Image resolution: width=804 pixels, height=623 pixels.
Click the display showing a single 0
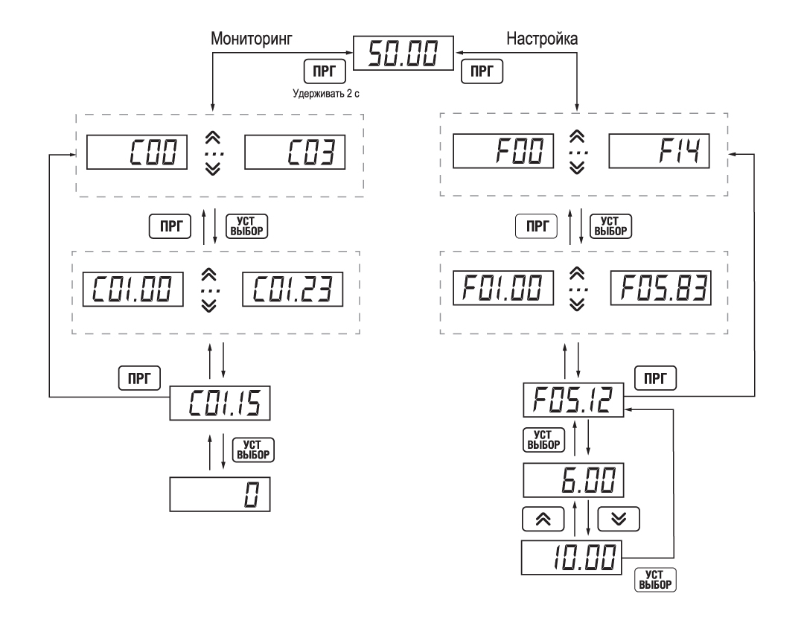coord(220,493)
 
